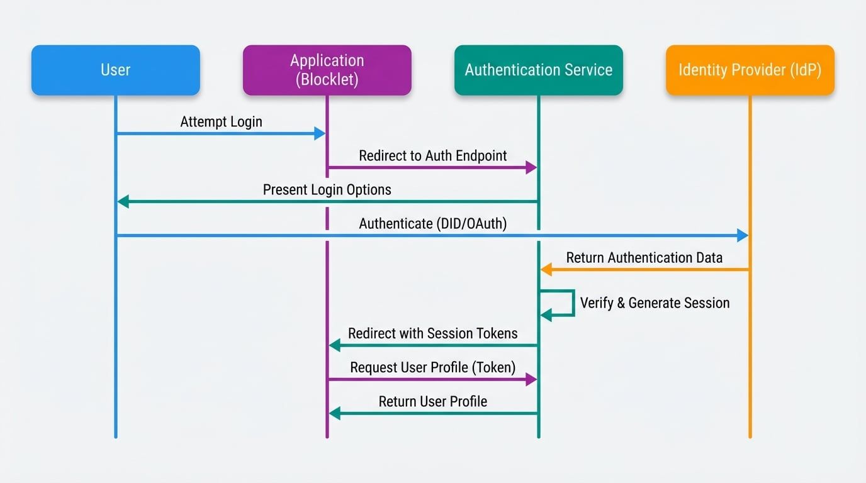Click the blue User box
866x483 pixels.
(x=116, y=70)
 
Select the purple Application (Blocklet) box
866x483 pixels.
(x=327, y=70)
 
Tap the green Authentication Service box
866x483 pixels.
(x=539, y=70)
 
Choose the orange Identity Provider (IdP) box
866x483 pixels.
(x=750, y=70)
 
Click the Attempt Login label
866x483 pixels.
(x=221, y=121)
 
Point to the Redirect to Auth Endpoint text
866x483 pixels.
(x=433, y=155)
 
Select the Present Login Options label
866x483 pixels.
(x=327, y=189)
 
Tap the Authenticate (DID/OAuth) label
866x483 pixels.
(x=433, y=223)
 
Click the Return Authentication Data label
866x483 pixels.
(x=644, y=257)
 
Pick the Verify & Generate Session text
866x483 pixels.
(x=655, y=303)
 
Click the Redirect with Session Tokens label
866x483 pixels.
(x=433, y=333)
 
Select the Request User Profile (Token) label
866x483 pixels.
(x=433, y=367)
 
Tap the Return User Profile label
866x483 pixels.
(x=433, y=401)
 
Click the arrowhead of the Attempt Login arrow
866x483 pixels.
(x=320, y=133)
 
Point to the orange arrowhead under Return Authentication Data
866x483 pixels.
(x=546, y=270)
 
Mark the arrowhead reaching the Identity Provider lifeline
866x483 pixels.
(x=743, y=236)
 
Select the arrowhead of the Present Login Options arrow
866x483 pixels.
(x=123, y=202)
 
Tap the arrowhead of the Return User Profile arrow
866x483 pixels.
(x=335, y=413)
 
